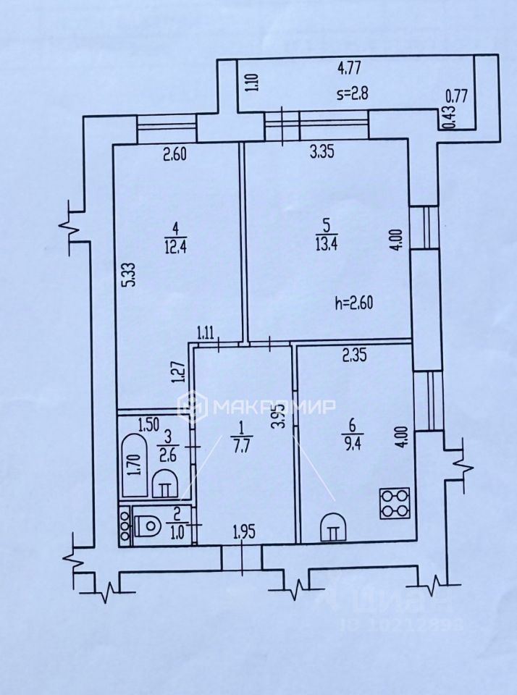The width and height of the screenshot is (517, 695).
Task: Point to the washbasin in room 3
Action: click(167, 481)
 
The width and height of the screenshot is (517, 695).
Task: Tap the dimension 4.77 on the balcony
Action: click(350, 70)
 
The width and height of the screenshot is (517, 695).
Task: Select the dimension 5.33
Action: click(126, 276)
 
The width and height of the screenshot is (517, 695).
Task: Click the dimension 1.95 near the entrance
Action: click(244, 535)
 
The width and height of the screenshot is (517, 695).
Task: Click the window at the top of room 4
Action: click(167, 125)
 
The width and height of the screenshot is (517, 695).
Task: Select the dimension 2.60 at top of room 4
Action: click(175, 153)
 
